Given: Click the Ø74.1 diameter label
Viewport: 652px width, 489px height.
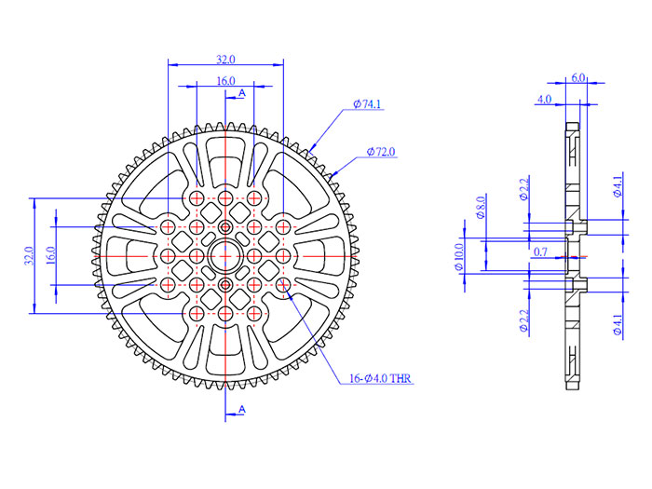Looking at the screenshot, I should point(368,106).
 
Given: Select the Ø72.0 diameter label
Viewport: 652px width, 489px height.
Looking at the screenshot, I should point(381,151).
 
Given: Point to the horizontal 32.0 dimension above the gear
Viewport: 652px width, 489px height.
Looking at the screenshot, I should point(225,59).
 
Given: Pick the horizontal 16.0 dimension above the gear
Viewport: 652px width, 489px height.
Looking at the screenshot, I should point(225,81).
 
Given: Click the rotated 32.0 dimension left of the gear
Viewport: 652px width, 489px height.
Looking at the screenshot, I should point(28,255).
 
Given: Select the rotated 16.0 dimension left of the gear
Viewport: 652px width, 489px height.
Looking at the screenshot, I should point(50,255).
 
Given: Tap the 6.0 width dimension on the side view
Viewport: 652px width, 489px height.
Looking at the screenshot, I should point(577,78).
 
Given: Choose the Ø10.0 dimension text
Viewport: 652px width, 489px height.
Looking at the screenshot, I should point(458,256).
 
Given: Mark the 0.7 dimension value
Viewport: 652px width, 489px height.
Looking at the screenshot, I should point(541,252).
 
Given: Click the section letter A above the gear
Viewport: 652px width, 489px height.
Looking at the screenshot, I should point(242,93).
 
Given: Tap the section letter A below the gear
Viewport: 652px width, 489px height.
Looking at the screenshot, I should point(242,410).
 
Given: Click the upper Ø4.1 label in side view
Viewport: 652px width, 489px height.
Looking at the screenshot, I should point(618,187).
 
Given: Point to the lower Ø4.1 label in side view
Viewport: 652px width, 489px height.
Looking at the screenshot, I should point(618,324).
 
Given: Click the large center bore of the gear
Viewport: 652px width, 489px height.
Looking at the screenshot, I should point(225,255).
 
